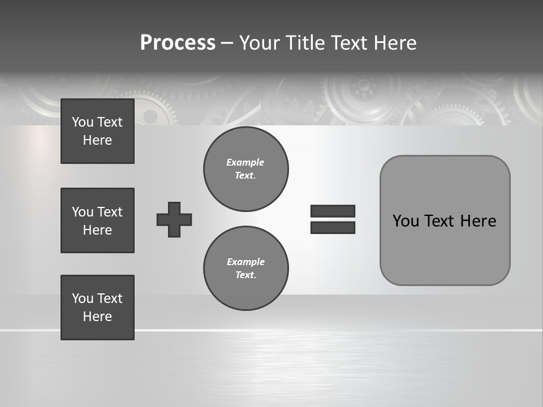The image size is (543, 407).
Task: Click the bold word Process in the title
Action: [178, 43]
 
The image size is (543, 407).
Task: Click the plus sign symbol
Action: [174, 219]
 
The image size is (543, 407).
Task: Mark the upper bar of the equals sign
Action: [333, 211]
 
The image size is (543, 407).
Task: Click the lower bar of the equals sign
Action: [333, 228]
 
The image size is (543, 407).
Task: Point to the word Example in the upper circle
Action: [245, 162]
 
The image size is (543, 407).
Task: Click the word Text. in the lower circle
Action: [245, 275]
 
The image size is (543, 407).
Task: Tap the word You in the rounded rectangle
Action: [406, 221]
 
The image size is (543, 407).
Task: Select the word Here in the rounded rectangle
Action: [478, 221]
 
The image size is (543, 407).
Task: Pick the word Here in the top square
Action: [97, 140]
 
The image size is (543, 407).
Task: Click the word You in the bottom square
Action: [81, 298]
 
